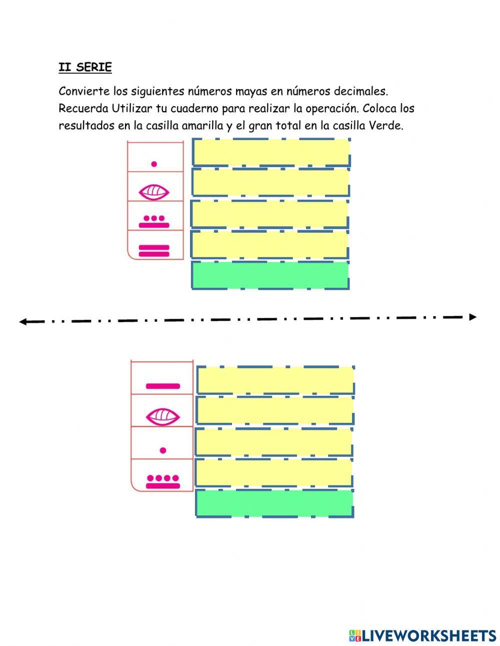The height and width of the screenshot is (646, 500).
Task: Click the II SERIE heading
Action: pos(85,67)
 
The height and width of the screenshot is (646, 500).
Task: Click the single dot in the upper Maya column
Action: pos(154,164)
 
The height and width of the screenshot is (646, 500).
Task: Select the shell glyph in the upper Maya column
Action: pos(154,192)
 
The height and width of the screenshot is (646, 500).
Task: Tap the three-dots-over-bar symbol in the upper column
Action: pos(154,222)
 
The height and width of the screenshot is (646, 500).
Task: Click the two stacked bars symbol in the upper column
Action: pos(154,251)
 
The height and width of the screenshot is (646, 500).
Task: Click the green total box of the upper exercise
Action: pos(270,275)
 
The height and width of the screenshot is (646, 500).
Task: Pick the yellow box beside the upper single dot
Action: pos(271,152)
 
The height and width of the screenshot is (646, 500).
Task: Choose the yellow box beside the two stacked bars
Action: pos(269,244)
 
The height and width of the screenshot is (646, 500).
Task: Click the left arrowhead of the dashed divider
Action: pos(22,322)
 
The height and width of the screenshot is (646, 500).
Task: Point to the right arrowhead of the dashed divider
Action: pos(472,317)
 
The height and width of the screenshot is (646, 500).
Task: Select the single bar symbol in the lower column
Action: pos(162,386)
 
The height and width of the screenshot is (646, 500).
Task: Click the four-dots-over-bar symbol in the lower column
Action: pos(162,481)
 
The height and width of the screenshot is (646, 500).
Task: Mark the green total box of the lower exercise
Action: pos(274,503)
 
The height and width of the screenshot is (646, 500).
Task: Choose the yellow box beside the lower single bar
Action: pos(275,380)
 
